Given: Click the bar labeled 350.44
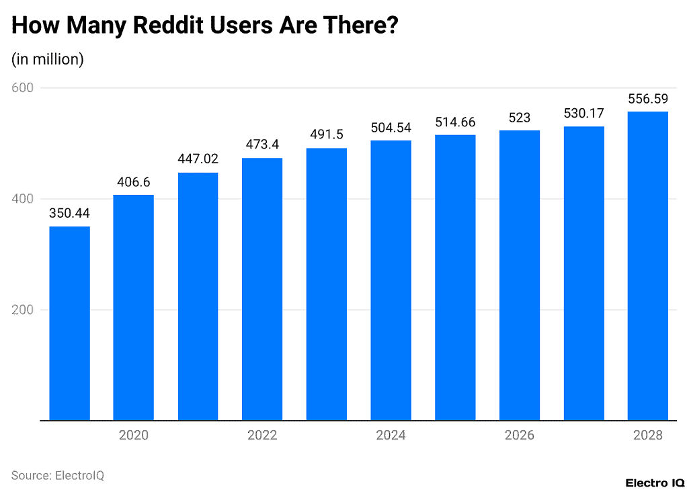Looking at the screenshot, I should pyautogui.click(x=69, y=323).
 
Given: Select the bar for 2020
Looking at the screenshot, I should pyautogui.click(x=133, y=307).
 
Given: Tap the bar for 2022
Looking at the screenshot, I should pyautogui.click(x=262, y=289).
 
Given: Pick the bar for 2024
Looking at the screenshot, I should pyautogui.click(x=391, y=280).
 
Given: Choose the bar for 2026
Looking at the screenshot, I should pyautogui.click(x=519, y=275).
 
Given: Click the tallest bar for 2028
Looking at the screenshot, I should pyautogui.click(x=647, y=265).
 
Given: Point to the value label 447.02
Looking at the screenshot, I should pyautogui.click(x=198, y=159).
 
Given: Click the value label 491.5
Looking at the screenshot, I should pyautogui.click(x=327, y=134).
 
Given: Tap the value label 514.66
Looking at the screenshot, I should pyautogui.click(x=455, y=122).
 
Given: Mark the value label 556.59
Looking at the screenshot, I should pyautogui.click(x=647, y=98).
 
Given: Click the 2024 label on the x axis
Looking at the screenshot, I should pyautogui.click(x=391, y=436).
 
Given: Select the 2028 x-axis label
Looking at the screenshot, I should pyautogui.click(x=647, y=436).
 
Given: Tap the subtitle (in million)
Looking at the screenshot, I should pyautogui.click(x=47, y=59).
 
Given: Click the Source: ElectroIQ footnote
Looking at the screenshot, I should pyautogui.click(x=58, y=475).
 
